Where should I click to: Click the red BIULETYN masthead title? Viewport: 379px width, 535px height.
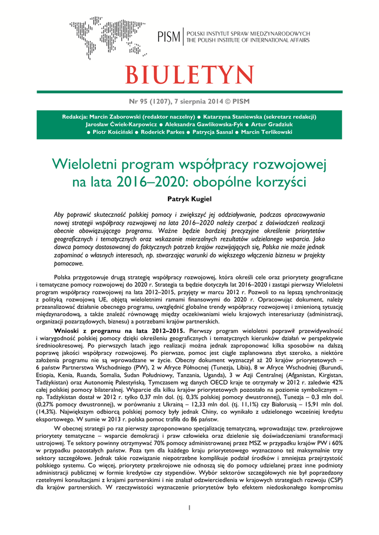point(189,75)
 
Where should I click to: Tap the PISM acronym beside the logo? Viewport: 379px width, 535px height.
point(169,37)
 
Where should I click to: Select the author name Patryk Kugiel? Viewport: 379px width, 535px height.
point(189,199)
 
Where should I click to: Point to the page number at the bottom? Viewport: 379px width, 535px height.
point(189,507)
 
